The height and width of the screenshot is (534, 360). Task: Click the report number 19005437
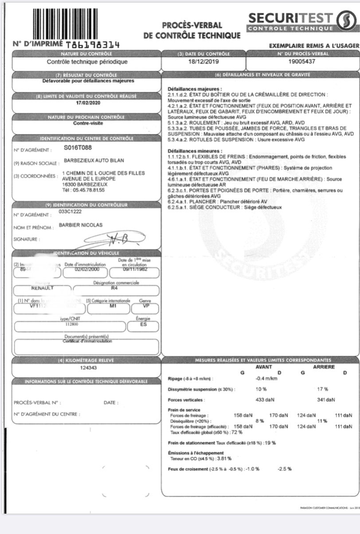(300, 62)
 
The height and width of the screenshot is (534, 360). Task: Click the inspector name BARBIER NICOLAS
(81, 225)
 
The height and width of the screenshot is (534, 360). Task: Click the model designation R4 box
(116, 290)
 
